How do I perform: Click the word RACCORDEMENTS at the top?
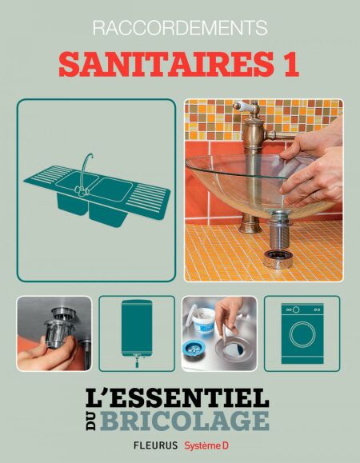180,28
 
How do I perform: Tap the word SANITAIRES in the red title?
166,64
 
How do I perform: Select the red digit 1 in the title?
291,64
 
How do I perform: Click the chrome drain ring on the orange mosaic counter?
278,259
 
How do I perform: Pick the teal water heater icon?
137,333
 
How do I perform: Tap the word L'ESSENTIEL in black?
177,397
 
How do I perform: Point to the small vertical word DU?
91,421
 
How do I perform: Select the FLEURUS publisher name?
156,445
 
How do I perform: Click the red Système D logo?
206,445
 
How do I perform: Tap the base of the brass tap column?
250,226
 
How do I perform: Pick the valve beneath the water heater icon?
137,361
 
